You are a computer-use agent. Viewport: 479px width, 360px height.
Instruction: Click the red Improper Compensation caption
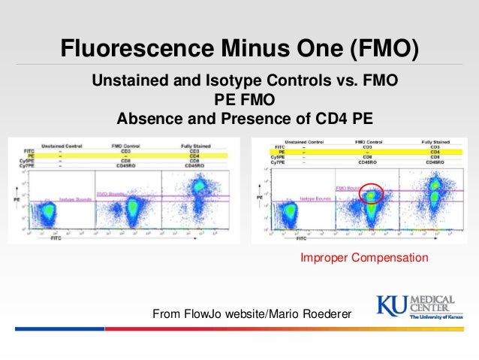364,258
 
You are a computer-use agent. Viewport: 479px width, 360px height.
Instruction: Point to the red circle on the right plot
370,195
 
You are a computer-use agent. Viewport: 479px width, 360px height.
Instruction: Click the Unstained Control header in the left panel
62,144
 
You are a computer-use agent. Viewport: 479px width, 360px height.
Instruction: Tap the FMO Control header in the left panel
130,144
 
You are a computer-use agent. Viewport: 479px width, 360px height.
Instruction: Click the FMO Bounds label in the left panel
110,193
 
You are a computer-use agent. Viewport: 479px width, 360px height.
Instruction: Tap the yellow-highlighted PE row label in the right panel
279,151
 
